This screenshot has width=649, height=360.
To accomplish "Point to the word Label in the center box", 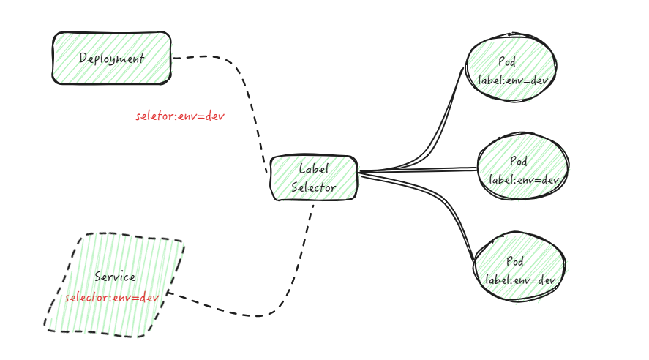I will (x=314, y=169).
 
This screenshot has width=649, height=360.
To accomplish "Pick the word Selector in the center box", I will (x=314, y=187).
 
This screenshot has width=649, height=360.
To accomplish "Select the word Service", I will (x=115, y=277).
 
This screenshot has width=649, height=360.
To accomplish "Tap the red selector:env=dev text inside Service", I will (x=111, y=298).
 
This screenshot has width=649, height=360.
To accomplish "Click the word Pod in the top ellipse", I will (x=506, y=62).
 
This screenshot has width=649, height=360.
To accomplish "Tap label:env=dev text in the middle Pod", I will (x=524, y=179).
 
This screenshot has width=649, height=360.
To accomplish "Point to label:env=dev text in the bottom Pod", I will (x=521, y=280).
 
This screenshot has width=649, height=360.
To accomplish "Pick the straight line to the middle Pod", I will (x=417, y=171).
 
